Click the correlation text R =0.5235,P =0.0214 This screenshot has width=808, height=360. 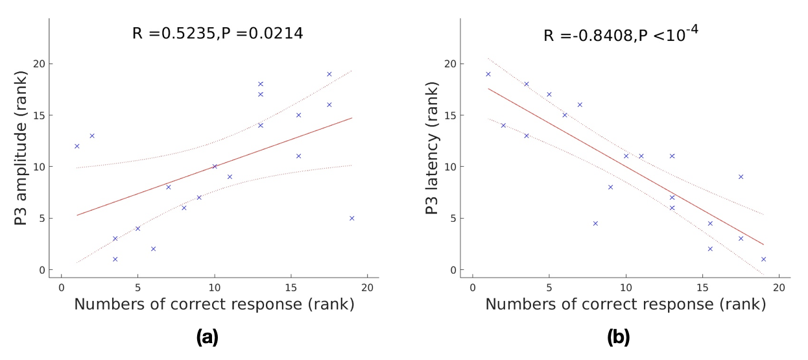tap(217, 33)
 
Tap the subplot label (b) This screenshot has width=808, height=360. tap(618, 337)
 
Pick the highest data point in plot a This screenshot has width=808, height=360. tap(329, 74)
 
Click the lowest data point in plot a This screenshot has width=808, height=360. tap(115, 259)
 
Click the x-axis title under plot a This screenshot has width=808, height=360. tap(214, 304)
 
